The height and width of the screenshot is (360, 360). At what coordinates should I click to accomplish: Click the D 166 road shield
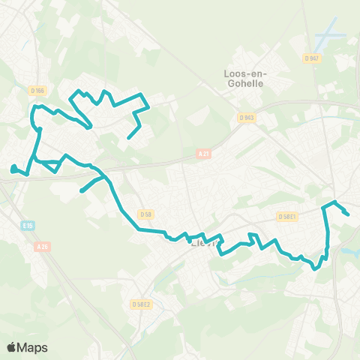pyautogui.click(x=38, y=91)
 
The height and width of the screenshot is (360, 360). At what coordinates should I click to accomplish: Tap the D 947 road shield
pyautogui.click(x=312, y=58)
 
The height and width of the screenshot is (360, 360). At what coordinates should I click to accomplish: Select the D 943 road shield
pyautogui.click(x=247, y=117)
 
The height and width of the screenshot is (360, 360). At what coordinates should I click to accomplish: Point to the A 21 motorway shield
pyautogui.click(x=203, y=154)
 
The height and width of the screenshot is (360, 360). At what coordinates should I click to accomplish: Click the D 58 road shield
pyautogui.click(x=145, y=214)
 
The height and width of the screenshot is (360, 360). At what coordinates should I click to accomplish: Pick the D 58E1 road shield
pyautogui.click(x=287, y=217)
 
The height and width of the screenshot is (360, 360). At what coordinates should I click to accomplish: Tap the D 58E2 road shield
pyautogui.click(x=141, y=304)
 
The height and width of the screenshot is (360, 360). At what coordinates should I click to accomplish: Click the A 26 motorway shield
pyautogui.click(x=42, y=245)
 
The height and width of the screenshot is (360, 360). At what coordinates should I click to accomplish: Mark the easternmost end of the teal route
pyautogui.click(x=348, y=214)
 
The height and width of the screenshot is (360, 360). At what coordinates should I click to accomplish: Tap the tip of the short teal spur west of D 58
pyautogui.click(x=82, y=191)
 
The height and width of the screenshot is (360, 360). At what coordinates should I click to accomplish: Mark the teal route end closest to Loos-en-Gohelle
pyautogui.click(x=129, y=138)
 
